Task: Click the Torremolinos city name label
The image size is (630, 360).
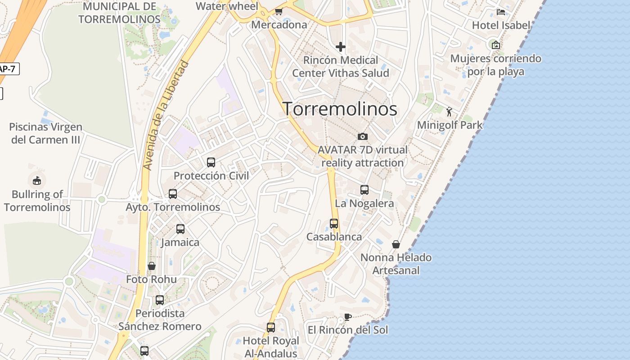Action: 340,109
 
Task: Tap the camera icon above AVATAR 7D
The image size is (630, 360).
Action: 362,136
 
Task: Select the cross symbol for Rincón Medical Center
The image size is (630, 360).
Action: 341,46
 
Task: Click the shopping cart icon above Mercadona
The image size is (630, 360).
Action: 279,12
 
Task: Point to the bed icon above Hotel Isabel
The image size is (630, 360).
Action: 500,12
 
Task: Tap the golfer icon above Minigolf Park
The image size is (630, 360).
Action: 449,112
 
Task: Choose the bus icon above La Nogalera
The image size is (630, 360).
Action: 364,190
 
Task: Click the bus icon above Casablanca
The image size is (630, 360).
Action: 333,223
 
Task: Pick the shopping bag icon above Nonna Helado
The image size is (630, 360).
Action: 396,244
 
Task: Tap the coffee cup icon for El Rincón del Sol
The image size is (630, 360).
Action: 347,317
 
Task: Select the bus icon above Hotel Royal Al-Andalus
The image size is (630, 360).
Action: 270,328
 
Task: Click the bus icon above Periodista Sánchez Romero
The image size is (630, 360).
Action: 160,300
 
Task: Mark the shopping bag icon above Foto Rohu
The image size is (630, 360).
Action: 152,266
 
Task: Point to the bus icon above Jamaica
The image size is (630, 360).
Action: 180,229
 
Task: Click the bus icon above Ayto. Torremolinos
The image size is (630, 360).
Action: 173,194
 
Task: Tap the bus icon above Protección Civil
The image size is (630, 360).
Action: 211,162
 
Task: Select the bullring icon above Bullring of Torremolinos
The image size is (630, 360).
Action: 37,181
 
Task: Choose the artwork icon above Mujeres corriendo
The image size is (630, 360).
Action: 495,45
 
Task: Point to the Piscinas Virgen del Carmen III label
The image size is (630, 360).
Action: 46,133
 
